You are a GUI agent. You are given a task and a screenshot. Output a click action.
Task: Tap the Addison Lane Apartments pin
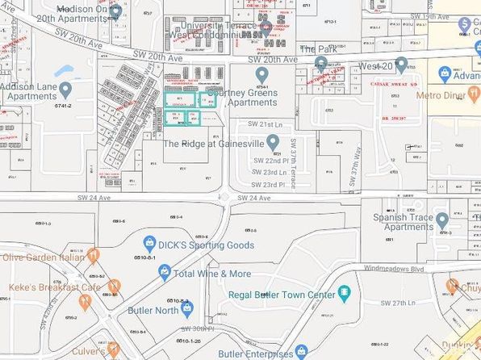pos(65,89)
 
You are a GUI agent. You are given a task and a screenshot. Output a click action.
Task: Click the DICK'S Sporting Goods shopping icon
pos(149,241)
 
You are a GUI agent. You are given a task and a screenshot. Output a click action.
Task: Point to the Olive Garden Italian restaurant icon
pos(94,256)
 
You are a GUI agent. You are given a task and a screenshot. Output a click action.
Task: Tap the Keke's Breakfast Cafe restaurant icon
pos(114,286)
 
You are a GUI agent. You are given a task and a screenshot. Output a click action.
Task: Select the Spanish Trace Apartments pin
pos(441,219)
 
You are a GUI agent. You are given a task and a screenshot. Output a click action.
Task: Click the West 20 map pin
pos(401,63)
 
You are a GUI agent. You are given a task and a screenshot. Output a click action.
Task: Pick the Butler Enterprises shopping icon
pos(301,351)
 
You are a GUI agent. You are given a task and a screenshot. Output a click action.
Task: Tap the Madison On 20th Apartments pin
pos(116,11)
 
